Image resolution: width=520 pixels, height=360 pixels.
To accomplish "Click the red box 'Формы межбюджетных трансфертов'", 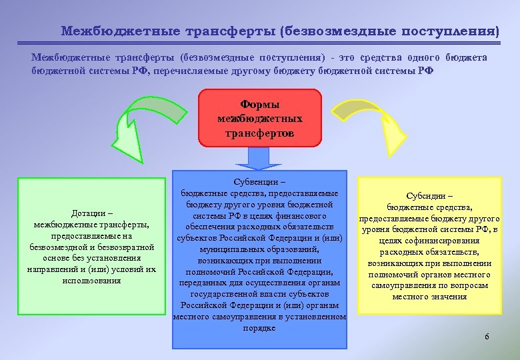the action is point(260,118).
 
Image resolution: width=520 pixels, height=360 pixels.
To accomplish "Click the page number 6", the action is point(487,337).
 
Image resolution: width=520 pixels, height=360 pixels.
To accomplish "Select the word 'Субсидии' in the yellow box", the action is point(426,197).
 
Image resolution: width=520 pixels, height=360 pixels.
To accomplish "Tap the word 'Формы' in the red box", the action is point(260,105).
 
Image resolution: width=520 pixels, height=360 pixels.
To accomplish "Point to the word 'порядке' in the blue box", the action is point(260,327).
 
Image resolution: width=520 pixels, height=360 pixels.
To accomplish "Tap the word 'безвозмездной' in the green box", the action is point(59,247).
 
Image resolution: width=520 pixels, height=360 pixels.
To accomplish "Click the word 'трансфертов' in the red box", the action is point(260,132).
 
